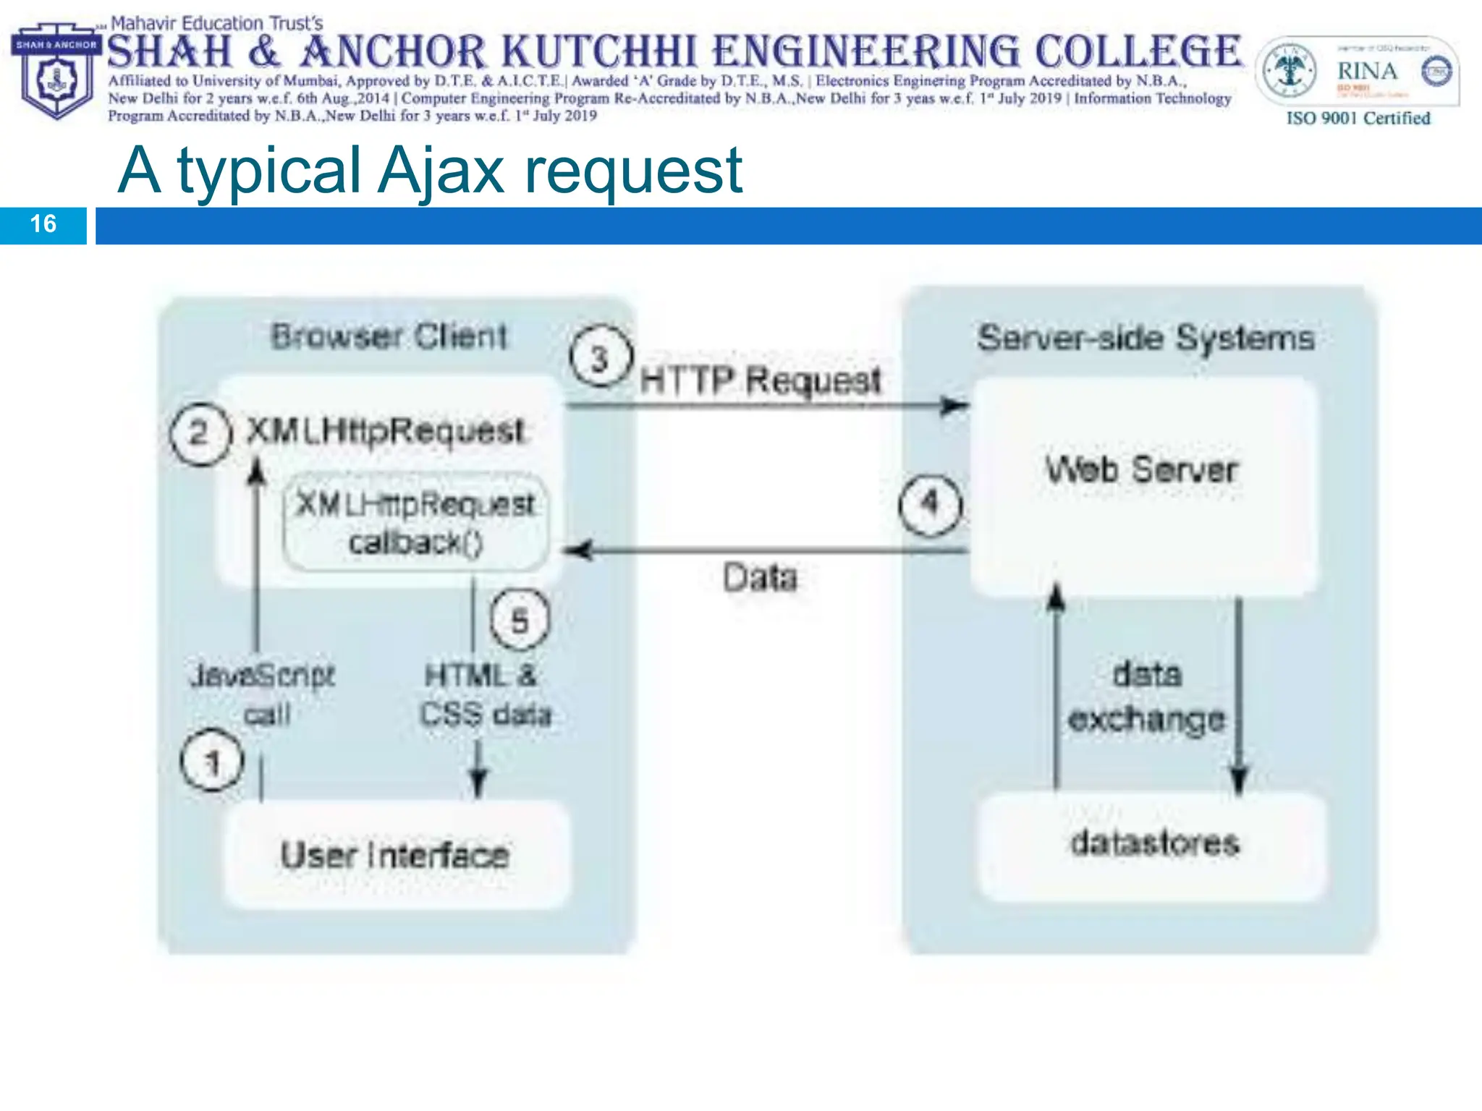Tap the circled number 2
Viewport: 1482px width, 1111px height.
(199, 433)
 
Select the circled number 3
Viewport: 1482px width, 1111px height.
(600, 357)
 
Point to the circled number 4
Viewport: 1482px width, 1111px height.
(930, 504)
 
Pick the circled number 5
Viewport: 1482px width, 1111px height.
(520, 619)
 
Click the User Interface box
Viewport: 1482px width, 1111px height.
(395, 854)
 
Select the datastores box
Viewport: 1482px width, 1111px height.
(1154, 844)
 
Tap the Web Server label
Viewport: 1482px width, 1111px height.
(1142, 469)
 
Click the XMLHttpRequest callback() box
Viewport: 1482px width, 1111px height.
(415, 522)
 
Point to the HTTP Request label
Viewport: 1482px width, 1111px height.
(761, 380)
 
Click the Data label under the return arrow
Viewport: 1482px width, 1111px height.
(761, 577)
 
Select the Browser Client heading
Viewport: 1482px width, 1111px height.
(389, 336)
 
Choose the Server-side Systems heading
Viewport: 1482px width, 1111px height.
(1146, 338)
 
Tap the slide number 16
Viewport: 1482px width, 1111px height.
(43, 224)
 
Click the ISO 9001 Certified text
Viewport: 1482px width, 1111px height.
(1358, 118)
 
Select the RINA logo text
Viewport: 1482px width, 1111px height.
(1366, 71)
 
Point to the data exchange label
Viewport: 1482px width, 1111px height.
(1147, 696)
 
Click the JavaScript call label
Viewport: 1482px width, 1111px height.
(263, 694)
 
